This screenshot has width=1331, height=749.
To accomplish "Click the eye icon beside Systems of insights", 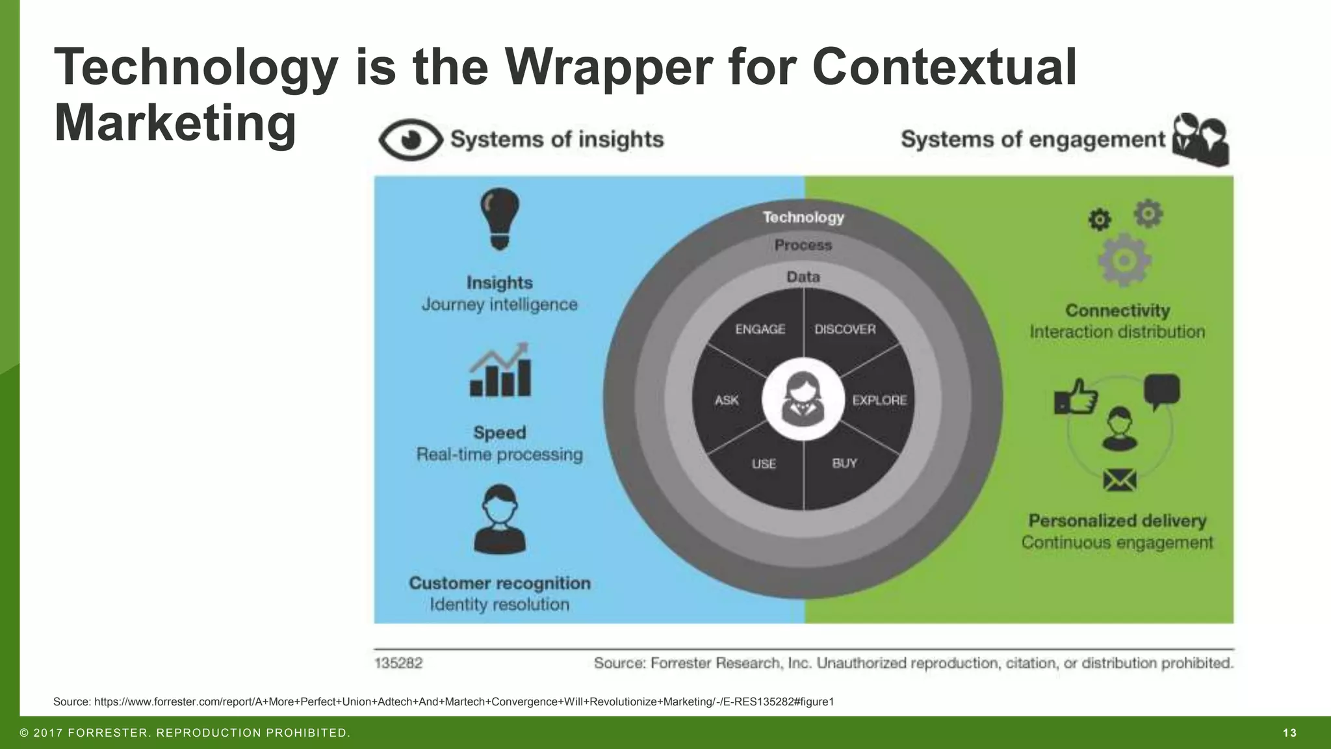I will coord(410,140).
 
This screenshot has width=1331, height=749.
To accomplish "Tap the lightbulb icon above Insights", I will coord(499,218).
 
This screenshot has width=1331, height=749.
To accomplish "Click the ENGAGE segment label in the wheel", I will coord(760,330).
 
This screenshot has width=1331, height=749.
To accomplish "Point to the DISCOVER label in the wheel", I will coord(845,330).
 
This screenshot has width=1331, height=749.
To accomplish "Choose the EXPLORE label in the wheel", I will coord(879,401).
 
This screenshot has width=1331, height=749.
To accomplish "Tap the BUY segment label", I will coord(844,464).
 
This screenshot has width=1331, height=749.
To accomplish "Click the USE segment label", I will coord(764,464).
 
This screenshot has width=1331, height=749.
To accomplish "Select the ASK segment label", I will coord(727,401).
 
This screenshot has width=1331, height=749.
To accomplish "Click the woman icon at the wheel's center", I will coord(803,399).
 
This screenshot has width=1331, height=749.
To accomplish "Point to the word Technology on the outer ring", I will coord(803,217).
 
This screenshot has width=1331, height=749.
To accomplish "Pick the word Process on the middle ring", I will coord(803,246).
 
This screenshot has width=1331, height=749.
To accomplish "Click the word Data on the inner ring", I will coord(803,277).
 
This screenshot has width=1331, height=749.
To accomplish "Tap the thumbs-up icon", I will coord(1076,396).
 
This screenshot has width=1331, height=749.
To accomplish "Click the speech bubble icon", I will coord(1161,391).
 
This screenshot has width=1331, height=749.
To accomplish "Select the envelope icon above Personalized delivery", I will coord(1120,480).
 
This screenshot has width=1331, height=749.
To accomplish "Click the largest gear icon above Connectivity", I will coord(1124,260).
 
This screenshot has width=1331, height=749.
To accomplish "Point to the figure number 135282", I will coord(398,663).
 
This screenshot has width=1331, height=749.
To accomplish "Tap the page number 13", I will coord(1289,733).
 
